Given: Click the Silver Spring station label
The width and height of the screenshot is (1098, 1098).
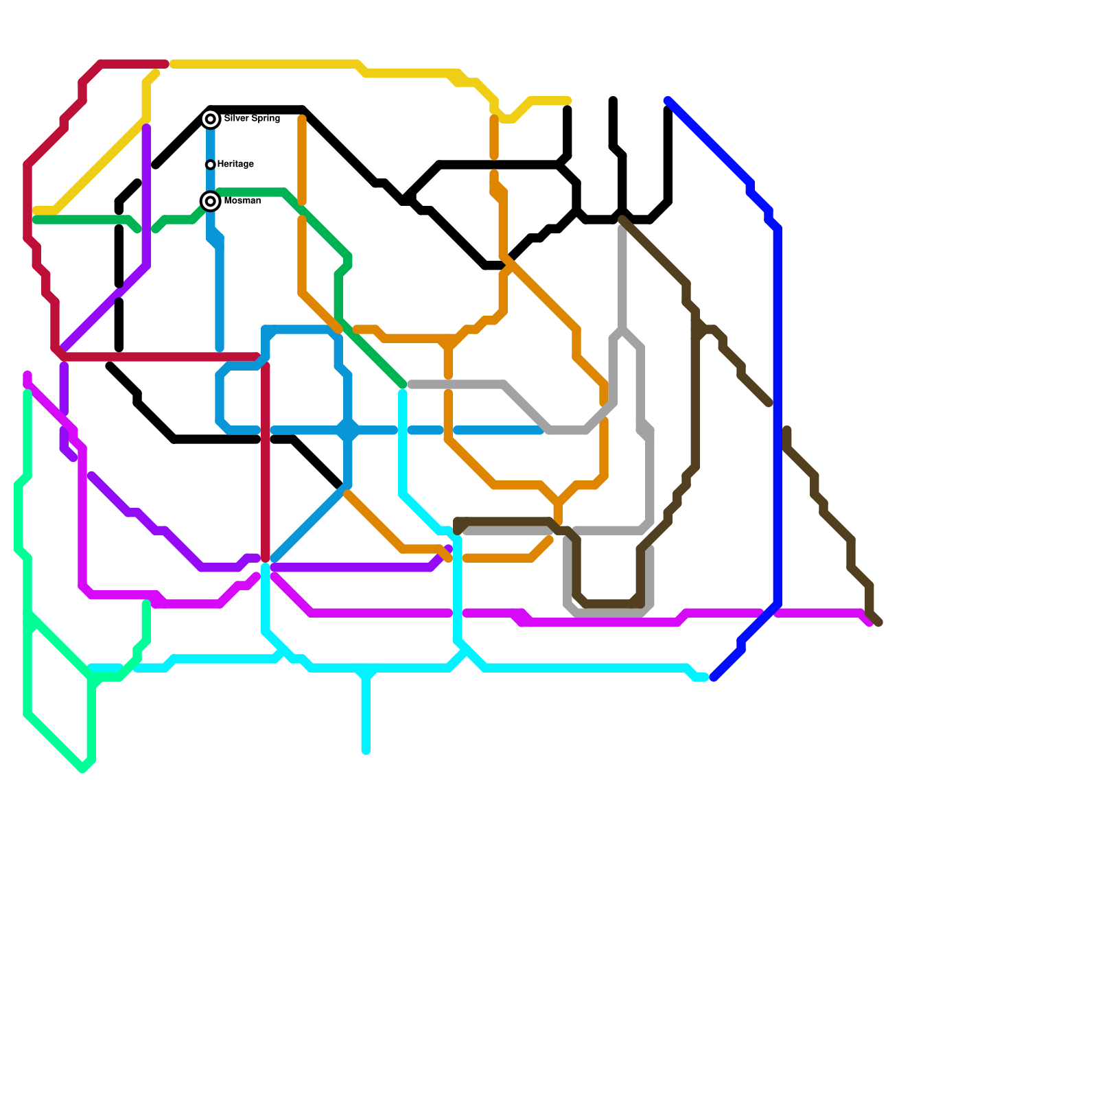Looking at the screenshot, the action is point(252,119).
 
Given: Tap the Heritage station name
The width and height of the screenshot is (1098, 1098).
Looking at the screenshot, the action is point(235,164).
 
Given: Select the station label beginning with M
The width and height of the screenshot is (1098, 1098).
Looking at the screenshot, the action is point(242,201).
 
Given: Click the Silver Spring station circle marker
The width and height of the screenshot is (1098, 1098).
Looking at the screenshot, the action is point(211,119).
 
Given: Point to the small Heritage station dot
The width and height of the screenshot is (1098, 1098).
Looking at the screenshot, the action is point(210,165).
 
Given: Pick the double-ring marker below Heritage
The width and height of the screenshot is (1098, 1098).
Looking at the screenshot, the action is point(211,201).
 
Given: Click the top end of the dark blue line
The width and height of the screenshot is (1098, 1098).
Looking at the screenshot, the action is point(668,101).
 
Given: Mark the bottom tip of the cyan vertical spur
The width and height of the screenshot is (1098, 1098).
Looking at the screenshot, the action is point(366,751).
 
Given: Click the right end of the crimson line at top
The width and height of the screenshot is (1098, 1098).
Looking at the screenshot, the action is point(165,64).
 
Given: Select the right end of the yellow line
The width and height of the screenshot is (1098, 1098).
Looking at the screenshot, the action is point(568,101).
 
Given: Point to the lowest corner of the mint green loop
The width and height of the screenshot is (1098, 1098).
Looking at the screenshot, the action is point(82,769).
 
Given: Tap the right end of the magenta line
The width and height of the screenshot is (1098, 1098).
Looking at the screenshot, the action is point(869,622).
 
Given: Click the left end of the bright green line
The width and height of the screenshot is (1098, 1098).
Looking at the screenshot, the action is point(36,220).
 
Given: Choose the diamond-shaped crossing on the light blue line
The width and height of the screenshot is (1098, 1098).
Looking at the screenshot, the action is point(348,430).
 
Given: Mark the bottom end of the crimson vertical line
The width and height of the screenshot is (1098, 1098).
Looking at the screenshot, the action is point(266,559).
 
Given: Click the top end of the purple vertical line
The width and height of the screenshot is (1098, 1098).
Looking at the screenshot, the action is point(146,128).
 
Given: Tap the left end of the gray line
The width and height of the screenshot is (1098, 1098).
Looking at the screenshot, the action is point(411,385).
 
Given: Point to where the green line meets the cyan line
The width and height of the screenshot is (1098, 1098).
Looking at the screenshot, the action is point(403,386).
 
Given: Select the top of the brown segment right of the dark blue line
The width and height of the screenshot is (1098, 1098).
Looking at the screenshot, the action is point(787,430).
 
